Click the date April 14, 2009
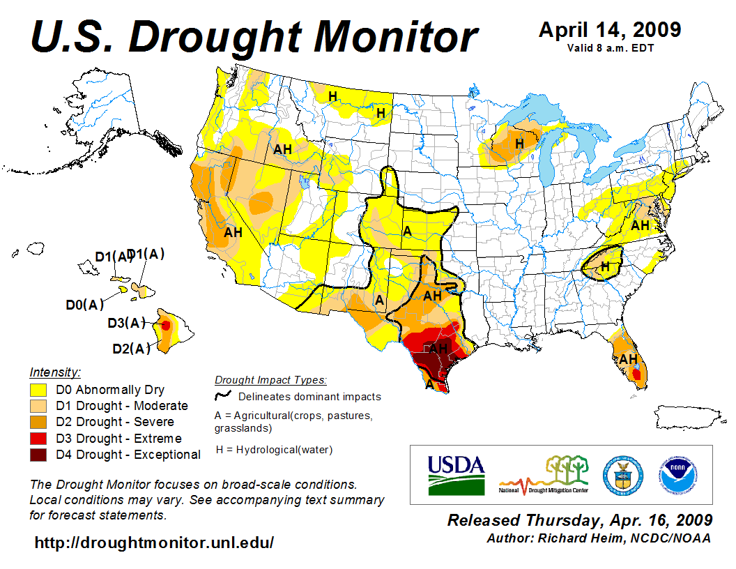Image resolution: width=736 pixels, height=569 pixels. (x=610, y=30)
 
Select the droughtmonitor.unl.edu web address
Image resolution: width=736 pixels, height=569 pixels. (x=154, y=543)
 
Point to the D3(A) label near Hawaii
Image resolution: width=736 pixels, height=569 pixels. (x=126, y=323)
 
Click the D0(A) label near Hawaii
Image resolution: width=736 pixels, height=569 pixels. (x=84, y=305)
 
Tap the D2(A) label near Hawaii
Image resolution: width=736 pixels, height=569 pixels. (x=131, y=348)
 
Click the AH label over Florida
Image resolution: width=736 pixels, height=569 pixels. (x=629, y=359)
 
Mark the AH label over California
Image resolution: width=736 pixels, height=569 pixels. (x=233, y=232)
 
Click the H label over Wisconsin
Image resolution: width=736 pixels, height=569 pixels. (x=519, y=143)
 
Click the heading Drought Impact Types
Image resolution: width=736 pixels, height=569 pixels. (x=270, y=380)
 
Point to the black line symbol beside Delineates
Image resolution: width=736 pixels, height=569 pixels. (x=223, y=396)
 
